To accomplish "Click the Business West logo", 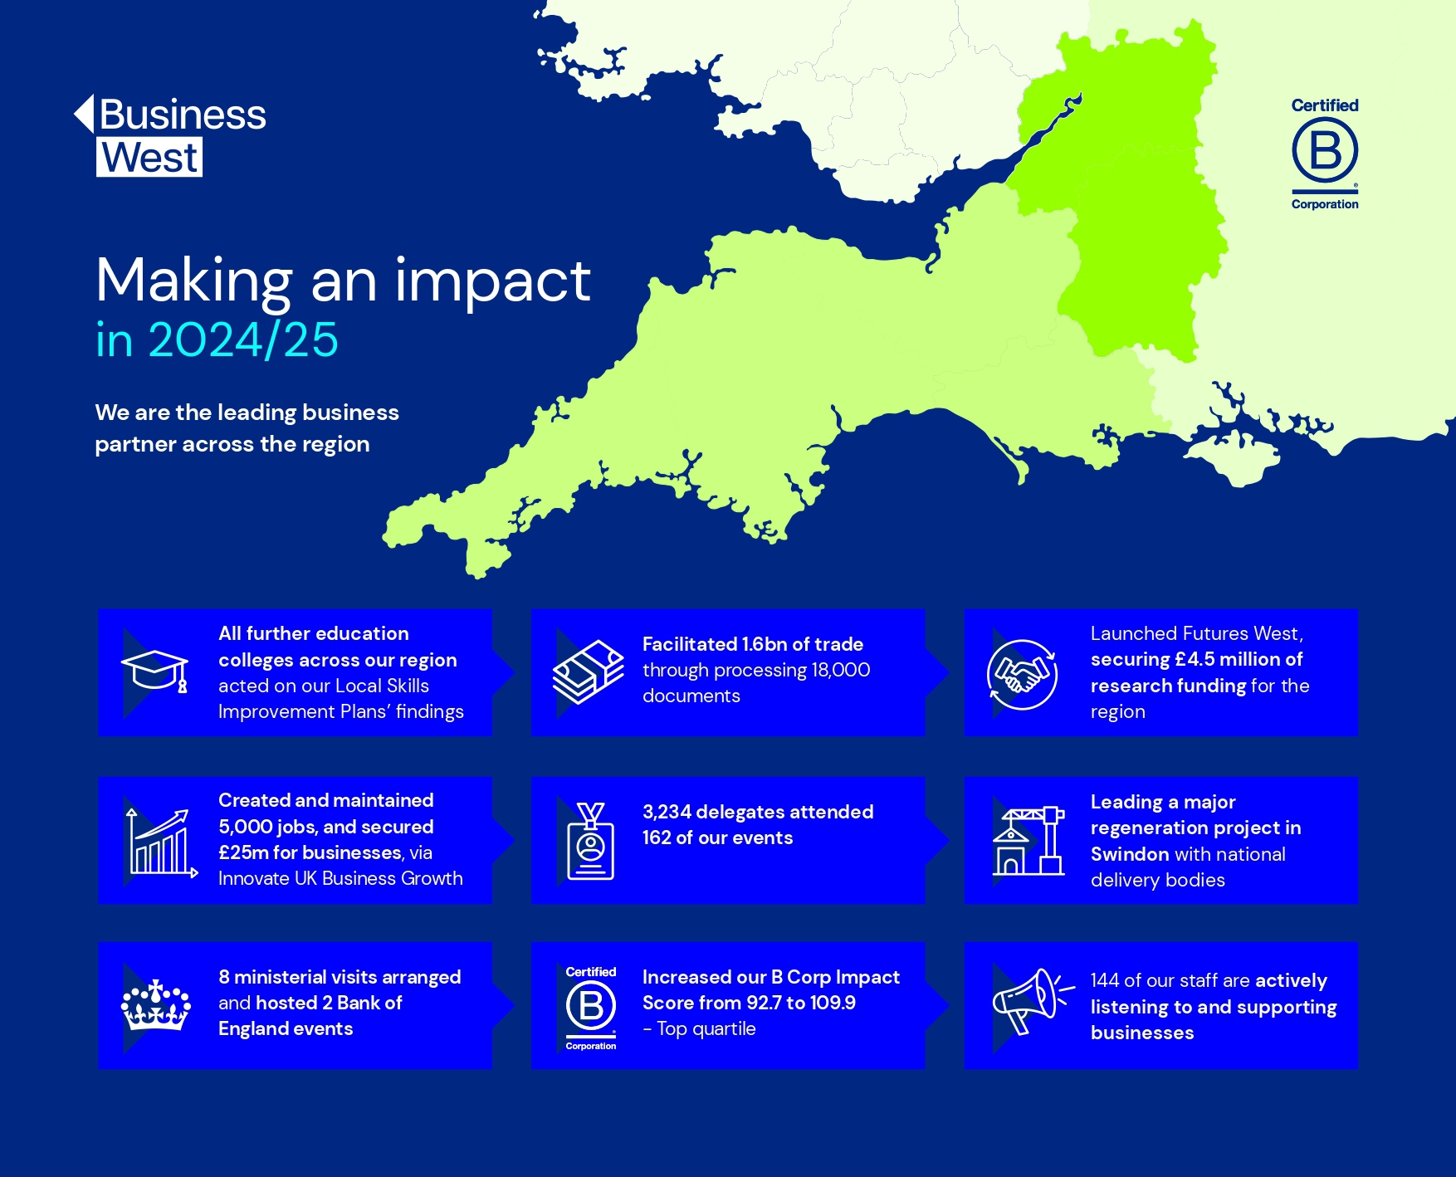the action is pos(170,135).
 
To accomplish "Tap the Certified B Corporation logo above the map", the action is pos(1325,154).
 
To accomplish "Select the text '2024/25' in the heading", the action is pos(243,339).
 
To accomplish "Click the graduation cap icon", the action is pos(155,671).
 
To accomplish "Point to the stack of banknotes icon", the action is pos(589,672).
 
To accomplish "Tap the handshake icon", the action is pos(1022,674).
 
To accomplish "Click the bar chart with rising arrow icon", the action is pos(161,842).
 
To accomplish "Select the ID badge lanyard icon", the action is pos(591,841).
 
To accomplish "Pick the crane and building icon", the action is pos(1028,840).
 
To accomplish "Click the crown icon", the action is pos(155,1005).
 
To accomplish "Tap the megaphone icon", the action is pos(1033,1001).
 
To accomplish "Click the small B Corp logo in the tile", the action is pos(591,1008).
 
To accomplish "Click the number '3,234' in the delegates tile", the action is pos(667,812).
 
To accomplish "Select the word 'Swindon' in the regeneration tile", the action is pos(1130,854).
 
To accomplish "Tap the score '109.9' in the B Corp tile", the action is pos(833,1003).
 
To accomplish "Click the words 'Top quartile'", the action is pos(706,1029).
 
